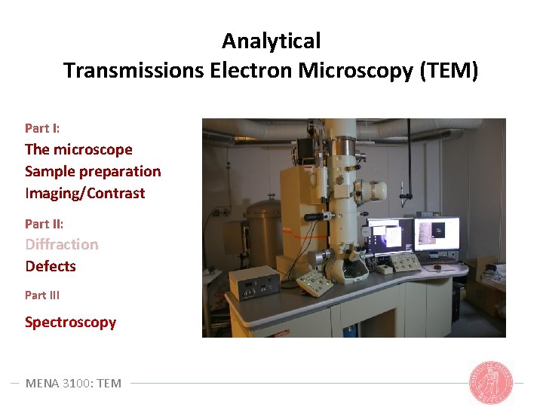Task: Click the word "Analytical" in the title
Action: coord(271,41)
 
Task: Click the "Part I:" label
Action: coord(42,128)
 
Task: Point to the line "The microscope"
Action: coord(78,149)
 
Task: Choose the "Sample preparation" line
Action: coord(93,171)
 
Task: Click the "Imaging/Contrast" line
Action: coord(84,193)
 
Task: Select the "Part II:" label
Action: coord(44,224)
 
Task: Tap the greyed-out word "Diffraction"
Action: coord(62,244)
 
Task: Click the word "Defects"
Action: coord(51,266)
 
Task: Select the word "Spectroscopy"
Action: coord(70,322)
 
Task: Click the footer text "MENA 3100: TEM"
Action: coord(73,383)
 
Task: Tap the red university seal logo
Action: coord(491,382)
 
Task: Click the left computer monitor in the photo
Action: coord(389,237)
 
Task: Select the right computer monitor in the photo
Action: coord(436,234)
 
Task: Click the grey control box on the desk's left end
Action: coord(253,283)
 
